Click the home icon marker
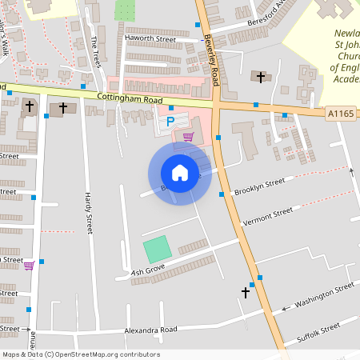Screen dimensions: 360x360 pyautogui.click(x=180, y=173)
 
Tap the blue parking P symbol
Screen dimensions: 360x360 pyautogui.click(x=170, y=122)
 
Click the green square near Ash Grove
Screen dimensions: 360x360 pyautogui.click(x=158, y=250)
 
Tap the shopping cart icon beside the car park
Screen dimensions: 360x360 pyautogui.click(x=188, y=137)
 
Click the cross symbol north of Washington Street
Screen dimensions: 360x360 pyautogui.click(x=246, y=293)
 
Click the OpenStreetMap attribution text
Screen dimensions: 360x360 pyautogui.click(x=81, y=354)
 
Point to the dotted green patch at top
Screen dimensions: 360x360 pyautogui.click(x=125, y=10)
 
